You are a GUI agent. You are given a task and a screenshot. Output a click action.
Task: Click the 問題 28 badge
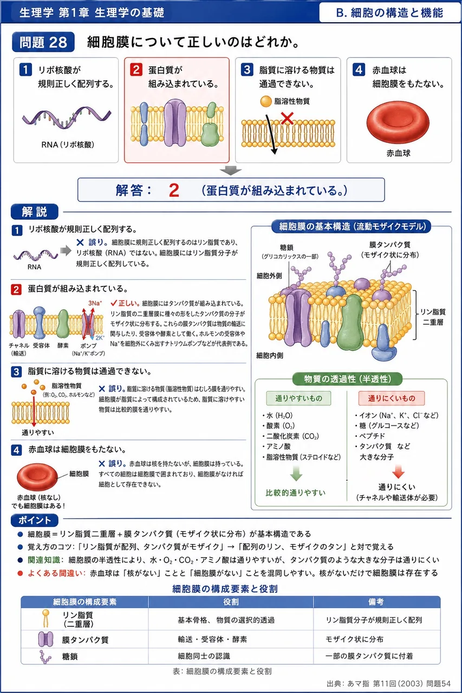pyautogui.click(x=43, y=42)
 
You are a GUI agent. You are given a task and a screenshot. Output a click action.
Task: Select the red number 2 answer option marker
pyautogui.click(x=136, y=70)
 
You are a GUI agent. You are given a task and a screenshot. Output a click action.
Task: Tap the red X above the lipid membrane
pyautogui.click(x=287, y=118)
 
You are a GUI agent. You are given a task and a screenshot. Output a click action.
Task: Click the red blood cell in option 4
pyautogui.click(x=398, y=122)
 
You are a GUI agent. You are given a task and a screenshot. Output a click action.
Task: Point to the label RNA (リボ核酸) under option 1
pyautogui.click(x=68, y=145)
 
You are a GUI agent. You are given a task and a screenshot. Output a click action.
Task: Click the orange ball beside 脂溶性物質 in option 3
pyautogui.click(x=265, y=101)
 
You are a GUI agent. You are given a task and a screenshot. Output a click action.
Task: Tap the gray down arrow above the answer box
pyautogui.click(x=231, y=171)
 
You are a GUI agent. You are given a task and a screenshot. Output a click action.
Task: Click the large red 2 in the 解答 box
pyautogui.click(x=174, y=190)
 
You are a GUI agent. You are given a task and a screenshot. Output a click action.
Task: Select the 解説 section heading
pyautogui.click(x=35, y=212)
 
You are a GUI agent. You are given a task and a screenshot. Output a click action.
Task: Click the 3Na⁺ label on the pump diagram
pyautogui.click(x=95, y=303)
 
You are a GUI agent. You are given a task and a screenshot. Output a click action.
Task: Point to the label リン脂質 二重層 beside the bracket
pyautogui.click(x=433, y=317)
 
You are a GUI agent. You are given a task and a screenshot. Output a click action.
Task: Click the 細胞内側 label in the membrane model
pyautogui.click(x=270, y=356)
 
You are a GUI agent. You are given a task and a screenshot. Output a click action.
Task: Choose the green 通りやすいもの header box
pyautogui.click(x=298, y=398)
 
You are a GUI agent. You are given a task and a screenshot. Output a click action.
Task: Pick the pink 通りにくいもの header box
pyautogui.click(x=392, y=398)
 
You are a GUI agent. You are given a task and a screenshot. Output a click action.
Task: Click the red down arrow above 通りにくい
pyautogui.click(x=398, y=471)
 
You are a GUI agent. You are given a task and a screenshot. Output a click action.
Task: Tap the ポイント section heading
pyautogui.click(x=35, y=520)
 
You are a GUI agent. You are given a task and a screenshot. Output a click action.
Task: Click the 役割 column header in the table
pyautogui.click(x=231, y=602)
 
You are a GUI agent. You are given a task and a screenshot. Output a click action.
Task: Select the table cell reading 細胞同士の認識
pyautogui.click(x=204, y=656)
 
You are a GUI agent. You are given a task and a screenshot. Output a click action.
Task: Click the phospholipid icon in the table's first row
pyautogui.click(x=45, y=618)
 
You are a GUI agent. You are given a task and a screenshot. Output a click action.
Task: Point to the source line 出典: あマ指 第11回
pyautogui.click(x=389, y=683)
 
